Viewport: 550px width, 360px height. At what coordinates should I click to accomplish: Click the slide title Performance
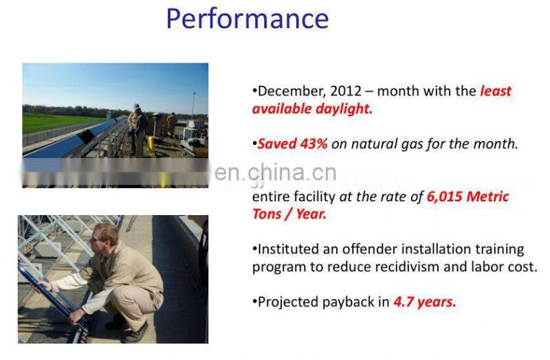(x=247, y=19)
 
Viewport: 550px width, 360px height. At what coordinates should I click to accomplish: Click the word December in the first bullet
(x=288, y=91)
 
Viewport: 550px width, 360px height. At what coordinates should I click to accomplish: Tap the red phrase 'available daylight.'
(x=312, y=109)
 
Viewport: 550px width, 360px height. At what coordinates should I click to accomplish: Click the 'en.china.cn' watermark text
(x=275, y=172)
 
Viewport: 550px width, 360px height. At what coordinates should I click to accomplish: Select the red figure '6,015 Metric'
(x=467, y=196)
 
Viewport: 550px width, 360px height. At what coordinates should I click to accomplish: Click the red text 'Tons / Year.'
(x=289, y=214)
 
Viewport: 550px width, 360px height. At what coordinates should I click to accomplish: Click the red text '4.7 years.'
(x=424, y=302)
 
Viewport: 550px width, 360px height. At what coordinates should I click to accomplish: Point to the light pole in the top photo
(x=193, y=103)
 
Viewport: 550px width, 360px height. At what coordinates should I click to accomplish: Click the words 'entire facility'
(x=294, y=196)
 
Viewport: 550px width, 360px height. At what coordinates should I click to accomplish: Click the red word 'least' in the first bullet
(x=495, y=91)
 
